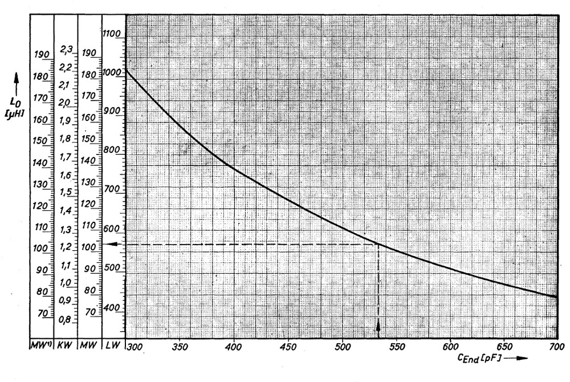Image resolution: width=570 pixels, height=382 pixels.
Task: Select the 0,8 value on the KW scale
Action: click(x=66, y=319)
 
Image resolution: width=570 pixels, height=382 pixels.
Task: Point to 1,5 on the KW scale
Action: click(x=66, y=192)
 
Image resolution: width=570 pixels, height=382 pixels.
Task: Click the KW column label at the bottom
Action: click(x=66, y=346)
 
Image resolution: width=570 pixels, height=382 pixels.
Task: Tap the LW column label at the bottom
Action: click(x=112, y=346)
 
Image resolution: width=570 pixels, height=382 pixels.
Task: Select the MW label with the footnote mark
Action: click(x=42, y=346)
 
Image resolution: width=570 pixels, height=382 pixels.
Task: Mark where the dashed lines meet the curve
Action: click(x=378, y=244)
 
